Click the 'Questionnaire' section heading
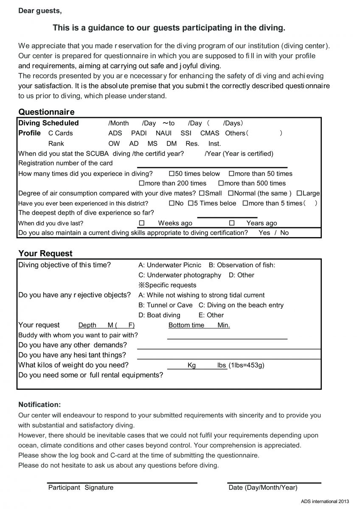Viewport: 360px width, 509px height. pos(46,112)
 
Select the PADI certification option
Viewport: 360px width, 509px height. pos(139,133)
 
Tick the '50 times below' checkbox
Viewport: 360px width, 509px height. pos(172,173)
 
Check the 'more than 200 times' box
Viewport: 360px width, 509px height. pos(142,183)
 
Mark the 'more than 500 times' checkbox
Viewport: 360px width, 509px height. pos(221,183)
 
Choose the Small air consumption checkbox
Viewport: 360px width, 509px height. pos(201,193)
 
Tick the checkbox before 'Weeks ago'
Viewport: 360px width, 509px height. pos(142,223)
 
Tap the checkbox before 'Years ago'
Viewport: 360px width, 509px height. pos(232,223)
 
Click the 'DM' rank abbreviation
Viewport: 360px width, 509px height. pos(172,143)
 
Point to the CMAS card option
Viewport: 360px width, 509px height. pos(210,133)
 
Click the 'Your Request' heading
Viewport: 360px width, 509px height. pos(45,253)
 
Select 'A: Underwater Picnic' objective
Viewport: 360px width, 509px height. pos(170,265)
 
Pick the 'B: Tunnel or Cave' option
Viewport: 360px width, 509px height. pos(166,305)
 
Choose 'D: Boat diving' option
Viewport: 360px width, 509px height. pos(159,315)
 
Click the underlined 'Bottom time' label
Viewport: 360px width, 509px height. pos(186,325)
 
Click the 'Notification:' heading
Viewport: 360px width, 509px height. pos(39,405)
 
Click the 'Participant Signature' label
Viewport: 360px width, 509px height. pos(81,487)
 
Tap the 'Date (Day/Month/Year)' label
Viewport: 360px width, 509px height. pos(263,487)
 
